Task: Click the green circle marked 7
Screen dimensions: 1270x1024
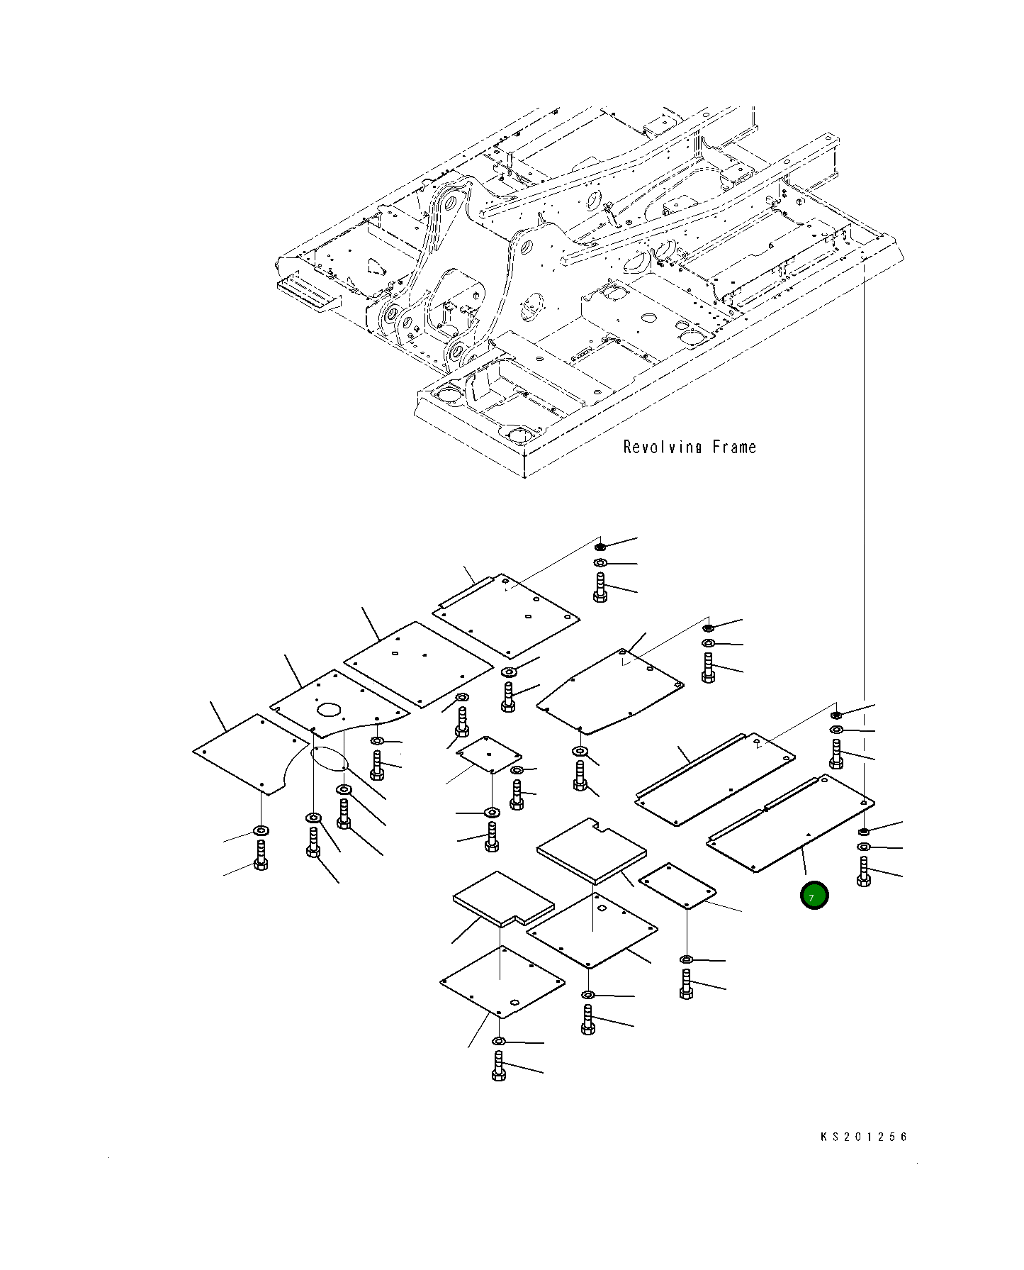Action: click(x=814, y=896)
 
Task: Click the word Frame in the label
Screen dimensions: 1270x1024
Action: click(x=734, y=447)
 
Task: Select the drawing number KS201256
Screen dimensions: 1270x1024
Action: click(x=863, y=1137)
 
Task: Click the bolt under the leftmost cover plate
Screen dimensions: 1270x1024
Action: click(x=261, y=855)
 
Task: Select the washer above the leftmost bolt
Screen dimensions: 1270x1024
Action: click(x=261, y=830)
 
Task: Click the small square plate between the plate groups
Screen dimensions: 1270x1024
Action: click(x=488, y=754)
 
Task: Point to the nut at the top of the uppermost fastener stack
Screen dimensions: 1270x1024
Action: click(x=600, y=547)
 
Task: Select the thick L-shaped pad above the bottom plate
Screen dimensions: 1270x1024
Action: click(x=502, y=898)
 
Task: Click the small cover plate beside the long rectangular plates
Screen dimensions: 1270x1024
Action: click(x=677, y=885)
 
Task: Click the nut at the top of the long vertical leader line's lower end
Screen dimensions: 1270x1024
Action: click(x=863, y=830)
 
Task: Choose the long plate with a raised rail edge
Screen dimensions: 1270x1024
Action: click(x=714, y=779)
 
